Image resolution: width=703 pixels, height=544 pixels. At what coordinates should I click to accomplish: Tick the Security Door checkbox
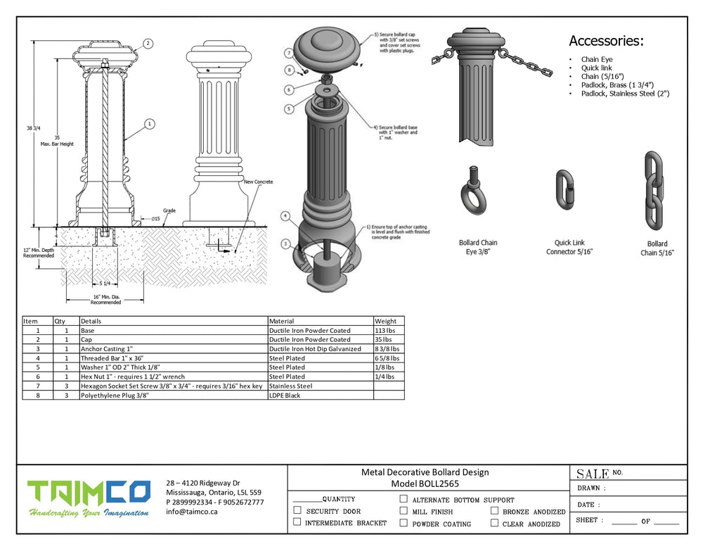point(297,511)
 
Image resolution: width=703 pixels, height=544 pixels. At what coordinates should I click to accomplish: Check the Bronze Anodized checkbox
point(495,512)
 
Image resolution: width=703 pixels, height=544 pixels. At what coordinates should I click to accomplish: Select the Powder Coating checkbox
point(404,523)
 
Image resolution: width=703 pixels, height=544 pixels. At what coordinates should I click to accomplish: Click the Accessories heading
point(606,41)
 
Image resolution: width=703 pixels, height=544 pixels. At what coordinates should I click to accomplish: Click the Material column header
point(282,321)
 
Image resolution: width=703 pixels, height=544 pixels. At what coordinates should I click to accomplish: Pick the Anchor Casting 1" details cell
point(106,348)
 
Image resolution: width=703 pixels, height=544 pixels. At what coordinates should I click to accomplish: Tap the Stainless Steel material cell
point(290,386)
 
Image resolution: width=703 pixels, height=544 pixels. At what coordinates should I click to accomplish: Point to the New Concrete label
point(258,182)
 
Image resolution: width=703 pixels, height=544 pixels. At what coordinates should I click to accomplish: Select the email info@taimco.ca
point(192,512)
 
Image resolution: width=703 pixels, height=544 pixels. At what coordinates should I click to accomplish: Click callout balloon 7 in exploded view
point(288,53)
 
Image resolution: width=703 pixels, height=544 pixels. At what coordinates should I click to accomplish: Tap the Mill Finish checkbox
point(404,511)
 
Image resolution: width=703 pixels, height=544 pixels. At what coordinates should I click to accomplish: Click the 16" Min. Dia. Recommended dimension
point(105,300)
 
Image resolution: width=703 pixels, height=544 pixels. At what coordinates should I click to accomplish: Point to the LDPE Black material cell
point(285,395)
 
